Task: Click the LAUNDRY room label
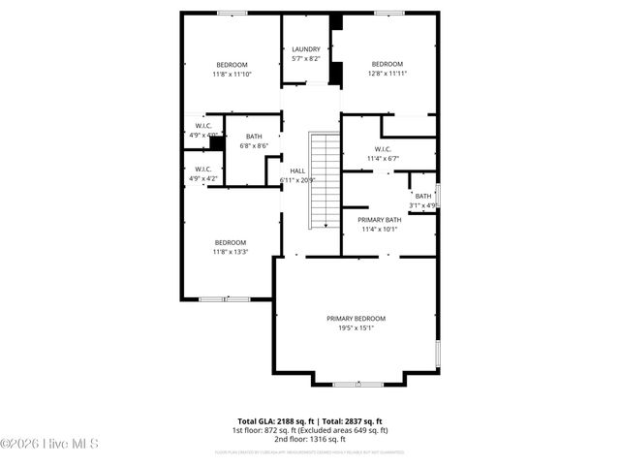(x=305, y=49)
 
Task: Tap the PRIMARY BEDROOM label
(x=356, y=319)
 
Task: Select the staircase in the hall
(x=323, y=179)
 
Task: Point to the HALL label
(x=297, y=170)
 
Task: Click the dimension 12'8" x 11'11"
(x=387, y=74)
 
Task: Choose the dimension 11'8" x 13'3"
(x=231, y=252)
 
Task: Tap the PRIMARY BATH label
(x=379, y=220)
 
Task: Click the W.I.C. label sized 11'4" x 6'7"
(x=383, y=149)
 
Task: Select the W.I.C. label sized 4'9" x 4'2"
(x=203, y=170)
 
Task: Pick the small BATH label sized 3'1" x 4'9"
(x=423, y=197)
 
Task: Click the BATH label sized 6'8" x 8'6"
(x=254, y=137)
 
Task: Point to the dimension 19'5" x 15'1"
(x=356, y=328)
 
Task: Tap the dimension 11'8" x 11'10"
(x=232, y=74)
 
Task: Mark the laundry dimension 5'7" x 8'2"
(x=305, y=59)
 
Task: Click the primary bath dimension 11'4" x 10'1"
(x=379, y=230)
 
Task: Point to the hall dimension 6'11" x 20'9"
(x=297, y=180)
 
